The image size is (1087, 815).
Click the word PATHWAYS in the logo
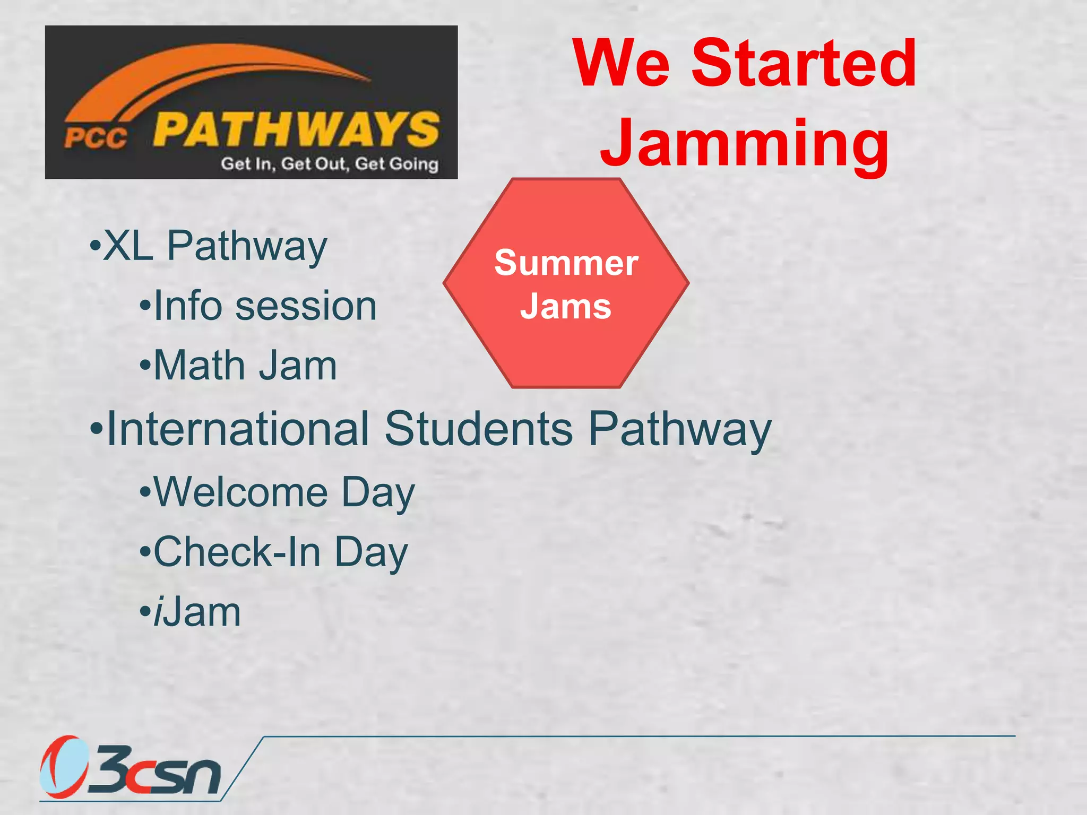296,129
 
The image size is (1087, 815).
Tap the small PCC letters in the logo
96,138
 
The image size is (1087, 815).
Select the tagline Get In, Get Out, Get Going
330,163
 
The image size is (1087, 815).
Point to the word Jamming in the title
744,143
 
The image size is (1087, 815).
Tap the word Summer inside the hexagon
566,263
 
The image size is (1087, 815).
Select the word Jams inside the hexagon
566,307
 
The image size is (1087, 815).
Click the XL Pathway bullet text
215,246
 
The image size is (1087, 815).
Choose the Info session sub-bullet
264,306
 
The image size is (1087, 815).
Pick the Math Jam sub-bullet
245,366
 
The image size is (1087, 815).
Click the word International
238,428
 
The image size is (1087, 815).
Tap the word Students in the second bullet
478,428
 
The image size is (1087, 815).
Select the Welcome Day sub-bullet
283,492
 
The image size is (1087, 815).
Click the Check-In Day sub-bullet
280,552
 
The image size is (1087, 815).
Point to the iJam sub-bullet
197,612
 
